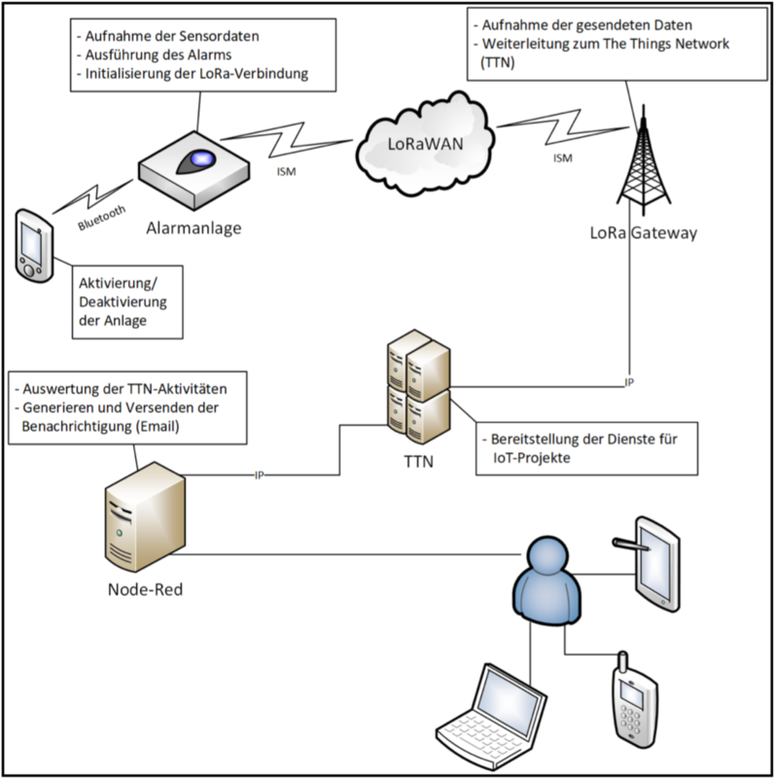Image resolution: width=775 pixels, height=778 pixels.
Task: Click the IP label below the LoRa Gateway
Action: pyautogui.click(x=629, y=382)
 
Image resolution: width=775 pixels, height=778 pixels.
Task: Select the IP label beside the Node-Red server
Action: pyautogui.click(x=259, y=476)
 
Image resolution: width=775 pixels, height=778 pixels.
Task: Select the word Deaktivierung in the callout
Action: pyautogui.click(x=123, y=302)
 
